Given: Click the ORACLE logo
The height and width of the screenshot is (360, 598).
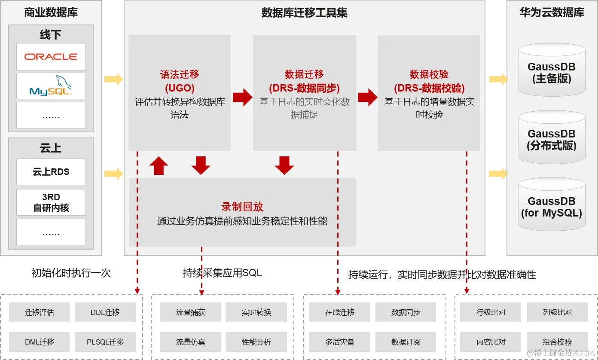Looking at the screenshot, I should pyautogui.click(x=51, y=57).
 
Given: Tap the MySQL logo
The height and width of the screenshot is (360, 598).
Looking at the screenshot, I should pyautogui.click(x=51, y=86).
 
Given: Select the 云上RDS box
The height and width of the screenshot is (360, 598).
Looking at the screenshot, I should pyautogui.click(x=51, y=172).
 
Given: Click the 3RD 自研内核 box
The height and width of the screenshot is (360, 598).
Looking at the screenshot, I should pyautogui.click(x=51, y=202).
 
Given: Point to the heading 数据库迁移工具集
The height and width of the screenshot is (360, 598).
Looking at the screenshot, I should pyautogui.click(x=304, y=13).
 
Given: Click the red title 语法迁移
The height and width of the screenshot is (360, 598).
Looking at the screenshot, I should pyautogui.click(x=180, y=74).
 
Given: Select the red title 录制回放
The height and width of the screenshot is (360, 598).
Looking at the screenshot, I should pyautogui.click(x=242, y=207).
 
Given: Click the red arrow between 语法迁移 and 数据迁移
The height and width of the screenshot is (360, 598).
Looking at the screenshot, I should pyautogui.click(x=242, y=97).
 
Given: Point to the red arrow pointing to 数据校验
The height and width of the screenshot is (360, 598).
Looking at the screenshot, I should pyautogui.click(x=367, y=97).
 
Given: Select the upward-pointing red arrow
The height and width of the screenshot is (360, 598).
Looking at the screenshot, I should pyautogui.click(x=159, y=166).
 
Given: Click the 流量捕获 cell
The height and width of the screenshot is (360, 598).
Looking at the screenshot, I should pyautogui.click(x=190, y=312).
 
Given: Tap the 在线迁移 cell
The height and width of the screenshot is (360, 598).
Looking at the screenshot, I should pyautogui.click(x=340, y=312).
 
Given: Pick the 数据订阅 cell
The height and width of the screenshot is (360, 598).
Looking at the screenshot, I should pyautogui.click(x=406, y=342).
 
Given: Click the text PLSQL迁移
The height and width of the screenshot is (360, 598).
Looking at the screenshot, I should pyautogui.click(x=105, y=342).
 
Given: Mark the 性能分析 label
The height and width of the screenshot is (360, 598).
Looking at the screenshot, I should pyautogui.click(x=256, y=342).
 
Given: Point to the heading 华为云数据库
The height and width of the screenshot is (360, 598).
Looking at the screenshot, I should pyautogui.click(x=552, y=13).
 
